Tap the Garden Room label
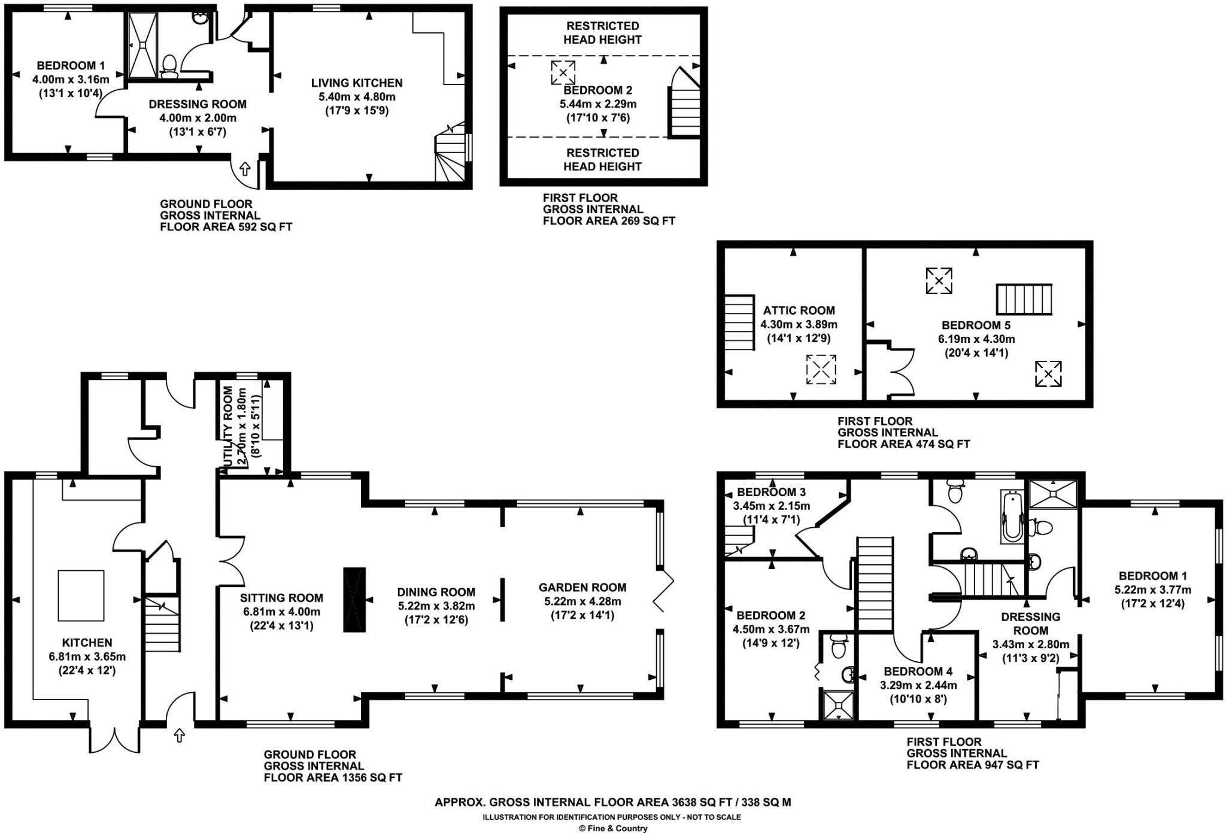coord(582,588)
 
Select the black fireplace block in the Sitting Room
coord(354,599)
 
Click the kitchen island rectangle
coord(81,595)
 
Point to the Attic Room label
coord(799,311)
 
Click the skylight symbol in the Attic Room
coord(821,369)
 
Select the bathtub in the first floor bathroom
coord(1012,516)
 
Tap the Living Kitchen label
coord(357,83)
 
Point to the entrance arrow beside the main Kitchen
coord(179,735)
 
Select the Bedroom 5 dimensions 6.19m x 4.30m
coord(976,339)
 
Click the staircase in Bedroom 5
coord(1024,299)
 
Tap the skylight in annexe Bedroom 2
coord(563,73)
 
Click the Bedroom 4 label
coord(918,671)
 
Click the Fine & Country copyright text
coord(613,828)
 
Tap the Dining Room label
coord(436,592)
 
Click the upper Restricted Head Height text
coord(603,33)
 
